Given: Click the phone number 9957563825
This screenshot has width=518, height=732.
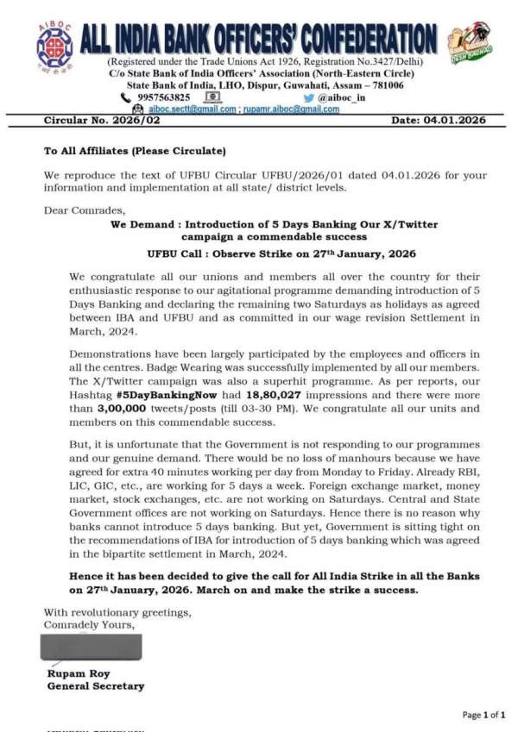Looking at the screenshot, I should click(x=161, y=97).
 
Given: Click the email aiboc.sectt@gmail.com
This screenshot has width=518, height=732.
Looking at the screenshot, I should click(x=192, y=109).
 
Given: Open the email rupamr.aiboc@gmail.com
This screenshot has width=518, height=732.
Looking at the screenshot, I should click(x=290, y=109).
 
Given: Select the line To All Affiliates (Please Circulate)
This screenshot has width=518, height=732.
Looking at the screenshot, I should click(x=135, y=151).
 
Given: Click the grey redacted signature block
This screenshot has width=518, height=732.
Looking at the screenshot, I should click(x=91, y=647).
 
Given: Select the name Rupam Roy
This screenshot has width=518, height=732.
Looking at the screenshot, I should click(x=79, y=673).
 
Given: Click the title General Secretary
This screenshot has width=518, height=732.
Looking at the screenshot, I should click(x=95, y=685).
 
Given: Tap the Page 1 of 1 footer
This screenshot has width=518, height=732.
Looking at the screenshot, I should click(x=483, y=714).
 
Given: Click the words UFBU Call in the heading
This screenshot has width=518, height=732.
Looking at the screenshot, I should click(x=176, y=253).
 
